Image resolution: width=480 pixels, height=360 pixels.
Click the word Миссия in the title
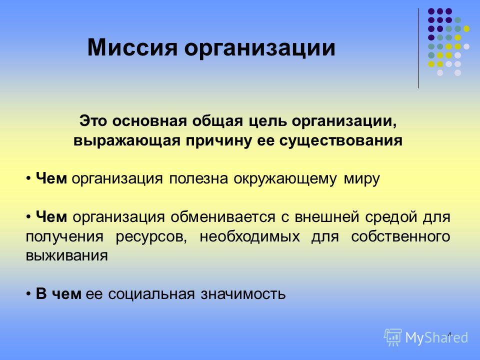pyautogui.click(x=132, y=47)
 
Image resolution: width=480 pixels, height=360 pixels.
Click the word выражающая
pyautogui.click(x=126, y=141)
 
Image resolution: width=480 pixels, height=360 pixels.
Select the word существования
pyautogui.click(x=340, y=141)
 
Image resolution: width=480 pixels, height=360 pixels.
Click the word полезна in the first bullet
pyautogui.click(x=198, y=178)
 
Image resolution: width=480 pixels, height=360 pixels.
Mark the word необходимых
pyautogui.click(x=250, y=236)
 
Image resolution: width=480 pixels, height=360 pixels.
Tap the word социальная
pyautogui.click(x=151, y=294)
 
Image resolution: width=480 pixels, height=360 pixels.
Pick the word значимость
pyautogui.click(x=243, y=294)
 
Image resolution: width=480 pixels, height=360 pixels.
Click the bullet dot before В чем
pyautogui.click(x=28, y=294)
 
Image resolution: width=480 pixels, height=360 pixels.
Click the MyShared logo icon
pyautogui.click(x=393, y=337)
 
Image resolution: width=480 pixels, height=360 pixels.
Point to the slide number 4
pyautogui.click(x=449, y=334)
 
